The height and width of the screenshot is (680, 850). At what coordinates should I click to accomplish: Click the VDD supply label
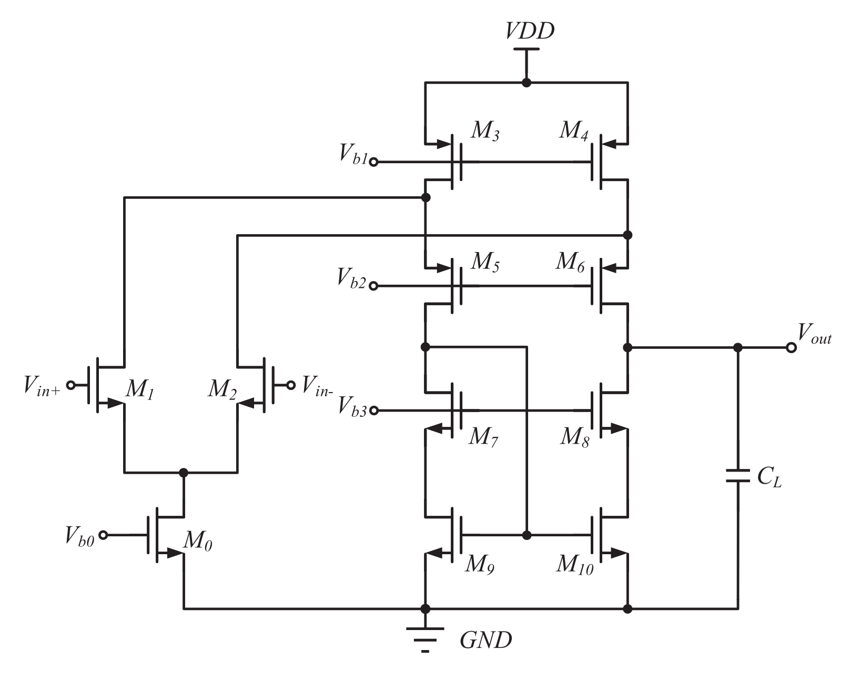pos(530,31)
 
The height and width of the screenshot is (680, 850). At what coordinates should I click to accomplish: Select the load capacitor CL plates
pos(737,476)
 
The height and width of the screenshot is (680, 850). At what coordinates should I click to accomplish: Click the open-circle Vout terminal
pos(791,348)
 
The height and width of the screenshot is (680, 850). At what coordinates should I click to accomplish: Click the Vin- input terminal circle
pos(290,385)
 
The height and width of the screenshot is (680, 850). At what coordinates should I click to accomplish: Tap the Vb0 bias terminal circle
pos(104,535)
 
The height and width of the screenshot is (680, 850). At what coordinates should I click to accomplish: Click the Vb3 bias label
pos(352,405)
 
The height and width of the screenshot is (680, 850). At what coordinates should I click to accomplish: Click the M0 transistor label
pos(198,541)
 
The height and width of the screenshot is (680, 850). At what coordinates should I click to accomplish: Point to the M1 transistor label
pos(139,390)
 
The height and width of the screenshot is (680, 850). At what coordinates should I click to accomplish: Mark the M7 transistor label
pos(483,437)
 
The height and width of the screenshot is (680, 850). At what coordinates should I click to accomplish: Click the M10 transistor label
pos(574,565)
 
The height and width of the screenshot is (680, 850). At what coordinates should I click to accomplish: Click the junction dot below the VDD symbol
pos(526,83)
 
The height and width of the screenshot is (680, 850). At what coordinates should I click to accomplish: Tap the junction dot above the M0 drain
pos(183,472)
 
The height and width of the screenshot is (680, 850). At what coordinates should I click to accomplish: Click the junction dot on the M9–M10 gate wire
pos(527,535)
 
